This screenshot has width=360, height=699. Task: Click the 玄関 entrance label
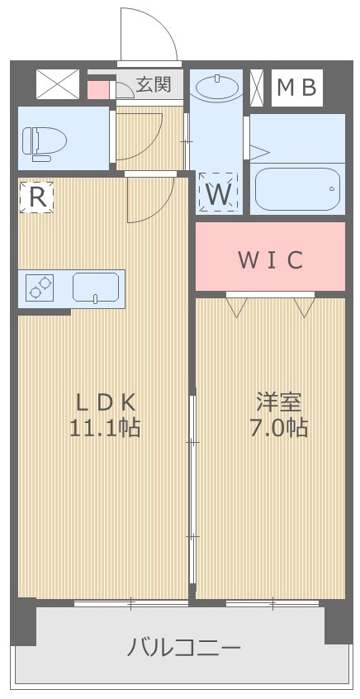pos(154,83)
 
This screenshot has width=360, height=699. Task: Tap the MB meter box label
pos(296,87)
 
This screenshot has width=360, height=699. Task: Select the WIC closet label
pos(270,259)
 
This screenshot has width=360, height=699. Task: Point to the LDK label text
pos(106,402)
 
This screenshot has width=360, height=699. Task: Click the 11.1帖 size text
pos(106,428)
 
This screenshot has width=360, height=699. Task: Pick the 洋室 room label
pos(278,402)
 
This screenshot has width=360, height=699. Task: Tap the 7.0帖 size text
pos(278,428)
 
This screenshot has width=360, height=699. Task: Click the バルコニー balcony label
pos(183,647)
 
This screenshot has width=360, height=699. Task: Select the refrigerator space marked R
pos(36,197)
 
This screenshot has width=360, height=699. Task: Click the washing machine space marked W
pos(218,193)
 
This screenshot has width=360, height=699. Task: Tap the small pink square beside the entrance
pos(98,88)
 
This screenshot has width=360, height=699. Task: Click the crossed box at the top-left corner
pos(58,84)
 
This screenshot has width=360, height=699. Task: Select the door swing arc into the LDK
pos(149,198)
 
